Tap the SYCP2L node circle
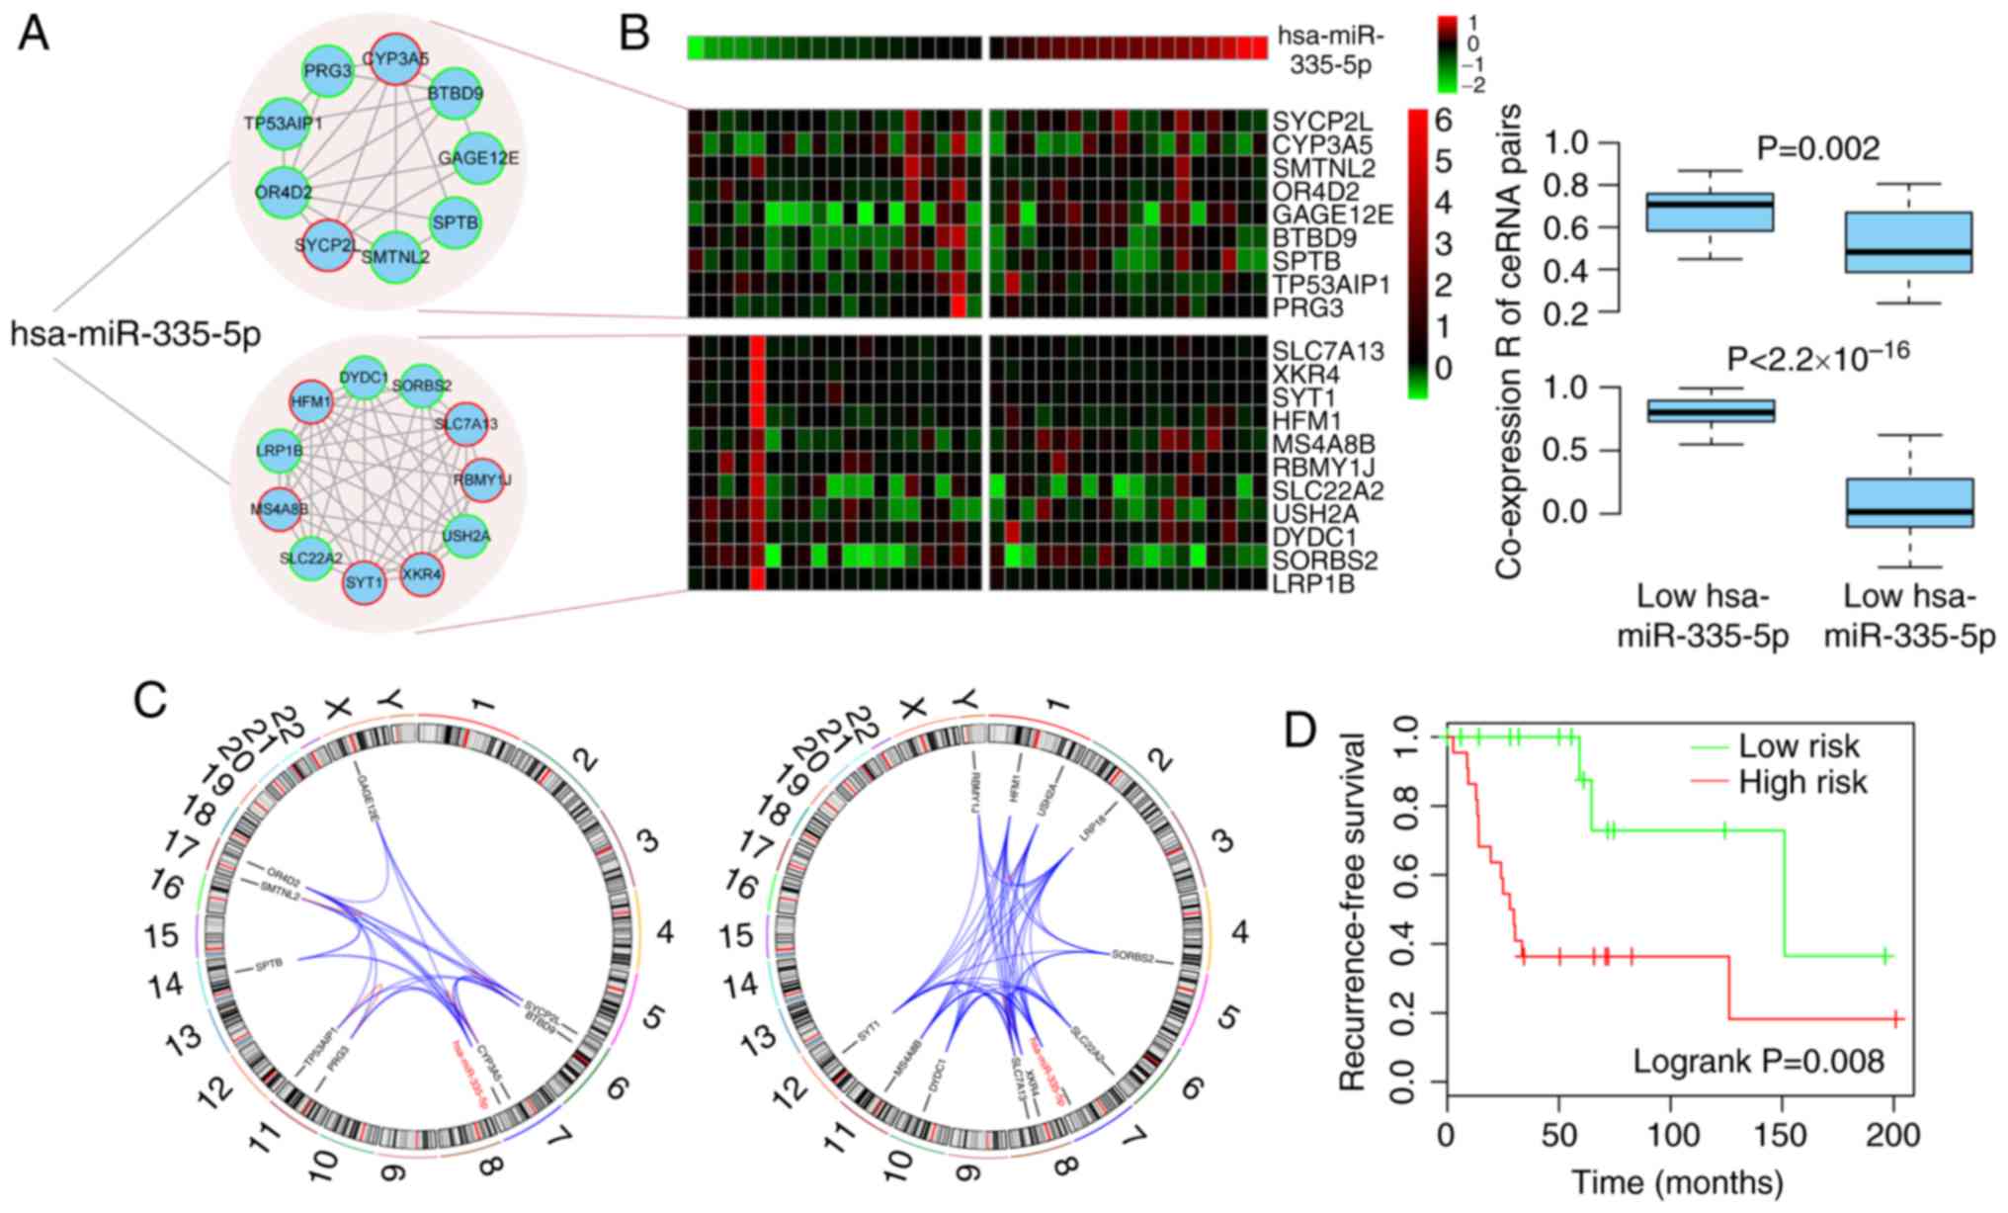click(x=323, y=244)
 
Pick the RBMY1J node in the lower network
click(x=482, y=480)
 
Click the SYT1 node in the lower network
click(x=364, y=582)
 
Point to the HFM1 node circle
click(x=303, y=402)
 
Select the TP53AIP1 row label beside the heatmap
click(x=1331, y=285)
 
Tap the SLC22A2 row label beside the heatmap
click(x=1328, y=490)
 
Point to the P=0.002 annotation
click(x=1817, y=149)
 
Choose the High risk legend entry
click(x=1802, y=782)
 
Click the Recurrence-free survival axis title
click(x=1351, y=911)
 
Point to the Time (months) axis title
click(x=1677, y=1181)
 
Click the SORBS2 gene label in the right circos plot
click(x=1132, y=955)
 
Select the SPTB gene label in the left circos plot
click(x=270, y=965)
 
